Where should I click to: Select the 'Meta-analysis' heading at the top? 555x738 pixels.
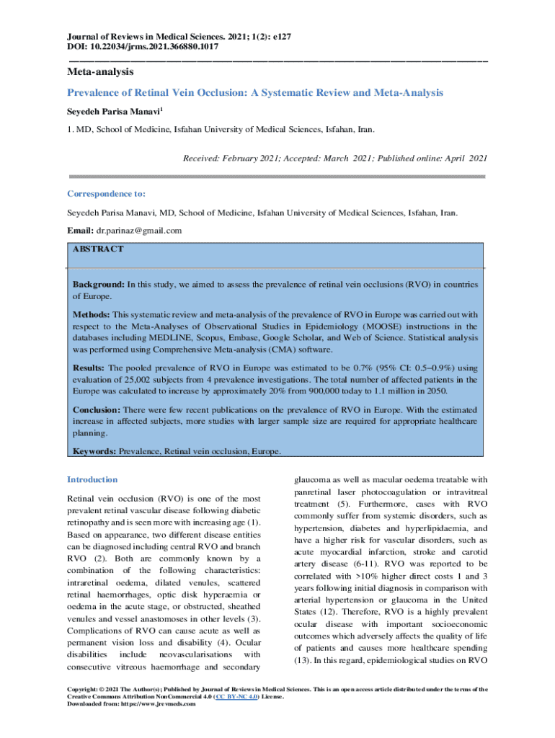pyautogui.click(x=100, y=72)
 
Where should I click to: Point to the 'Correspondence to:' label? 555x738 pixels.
pyautogui.click(x=106, y=194)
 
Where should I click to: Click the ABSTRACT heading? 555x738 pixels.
pyautogui.click(x=97, y=249)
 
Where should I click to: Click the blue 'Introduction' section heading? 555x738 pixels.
pyautogui.click(x=92, y=479)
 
